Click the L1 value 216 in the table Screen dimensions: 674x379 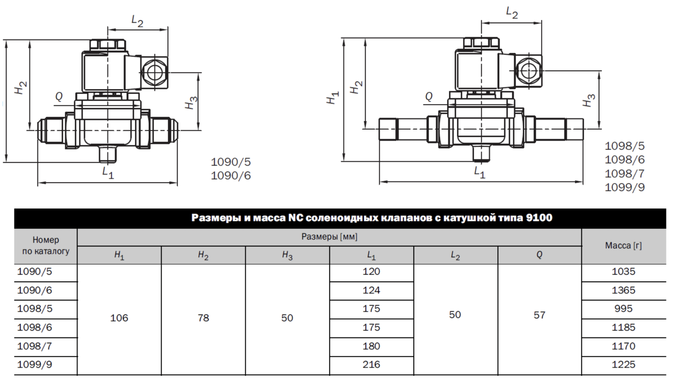point(371,364)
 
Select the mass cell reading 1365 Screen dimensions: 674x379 point(623,290)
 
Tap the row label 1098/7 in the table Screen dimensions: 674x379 point(34,346)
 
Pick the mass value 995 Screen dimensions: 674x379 point(623,309)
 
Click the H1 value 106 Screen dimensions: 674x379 point(119,318)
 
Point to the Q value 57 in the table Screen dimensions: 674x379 point(539,315)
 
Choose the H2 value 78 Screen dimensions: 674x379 point(203,318)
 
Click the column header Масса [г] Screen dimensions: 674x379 point(623,246)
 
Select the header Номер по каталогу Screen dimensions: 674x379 point(46,245)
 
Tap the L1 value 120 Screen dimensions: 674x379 point(371,271)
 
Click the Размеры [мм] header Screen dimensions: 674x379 point(330,237)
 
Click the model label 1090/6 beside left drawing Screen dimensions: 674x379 point(231,175)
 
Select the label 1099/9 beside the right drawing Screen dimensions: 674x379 point(625,187)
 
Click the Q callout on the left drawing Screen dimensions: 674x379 point(59,97)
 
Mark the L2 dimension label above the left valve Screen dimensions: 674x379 point(137,21)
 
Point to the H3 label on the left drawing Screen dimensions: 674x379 point(191,103)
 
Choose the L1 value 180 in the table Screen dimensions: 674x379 point(371,346)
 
